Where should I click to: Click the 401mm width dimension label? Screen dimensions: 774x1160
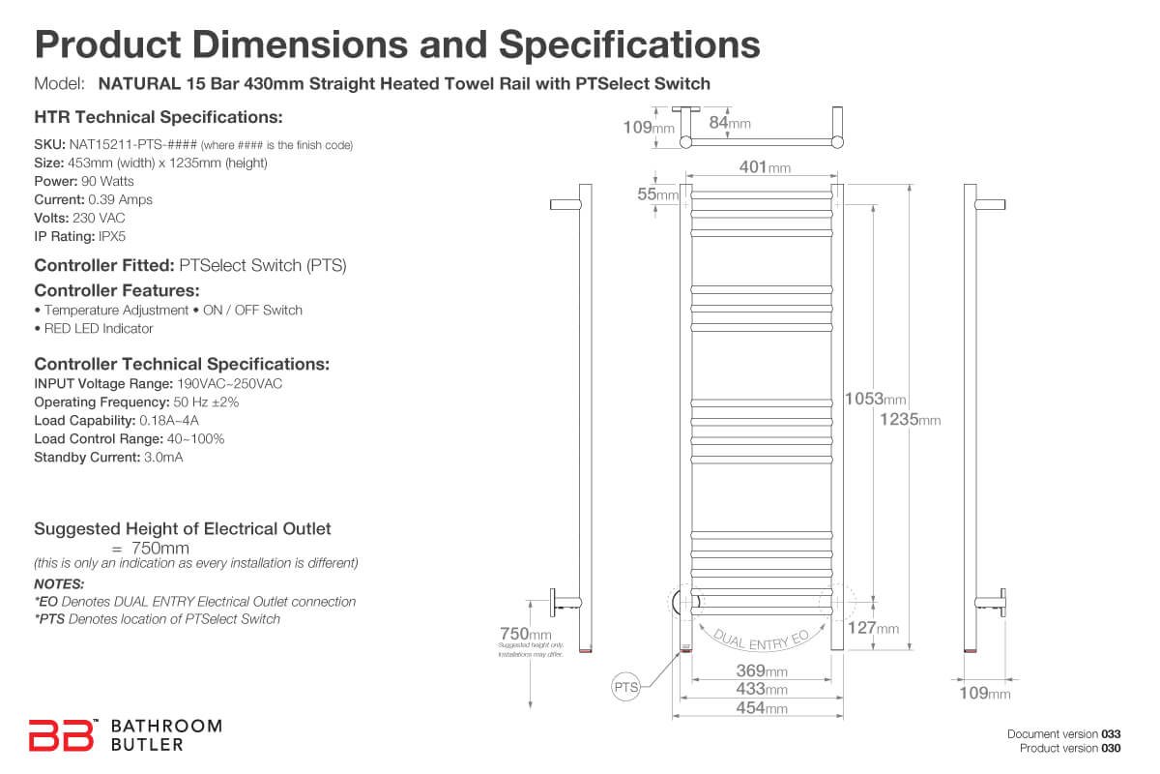point(765,167)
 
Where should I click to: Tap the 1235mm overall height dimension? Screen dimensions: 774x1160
point(910,419)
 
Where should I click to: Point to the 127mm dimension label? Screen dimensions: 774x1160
point(873,628)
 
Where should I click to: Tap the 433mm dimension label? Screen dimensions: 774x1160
point(763,690)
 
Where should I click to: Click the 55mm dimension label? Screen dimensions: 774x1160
point(657,194)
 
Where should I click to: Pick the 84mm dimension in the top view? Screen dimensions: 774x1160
point(730,123)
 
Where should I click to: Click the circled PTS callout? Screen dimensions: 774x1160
point(626,688)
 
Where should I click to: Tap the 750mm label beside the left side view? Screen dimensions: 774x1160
point(525,634)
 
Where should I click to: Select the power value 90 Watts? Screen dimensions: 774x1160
point(108,181)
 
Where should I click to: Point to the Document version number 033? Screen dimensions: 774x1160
point(1111,734)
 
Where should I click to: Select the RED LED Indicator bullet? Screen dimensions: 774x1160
point(94,328)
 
